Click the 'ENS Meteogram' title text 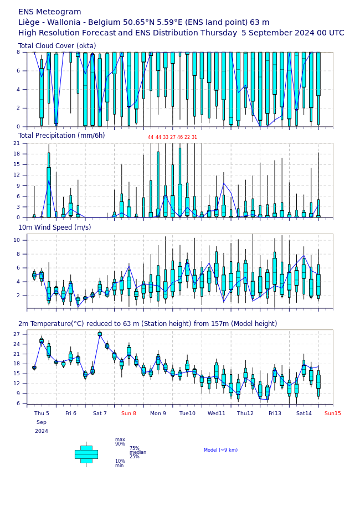tap(50, 12)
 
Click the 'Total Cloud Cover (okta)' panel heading tap(57, 45)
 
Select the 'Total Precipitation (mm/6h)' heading tap(61, 136)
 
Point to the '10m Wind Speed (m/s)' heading tap(55, 227)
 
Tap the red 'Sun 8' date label tap(128, 413)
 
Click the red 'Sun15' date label tap(333, 413)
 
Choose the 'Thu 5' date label tap(42, 413)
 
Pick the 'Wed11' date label tap(217, 413)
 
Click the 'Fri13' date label tap(275, 413)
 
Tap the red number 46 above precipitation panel tap(180, 137)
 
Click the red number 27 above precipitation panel tap(173, 137)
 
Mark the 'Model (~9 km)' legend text tap(220, 450)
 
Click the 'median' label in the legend tap(138, 452)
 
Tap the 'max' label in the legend tap(120, 439)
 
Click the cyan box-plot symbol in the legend tap(86, 454)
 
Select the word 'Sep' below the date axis tap(42, 422)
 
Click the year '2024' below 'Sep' tap(42, 431)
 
